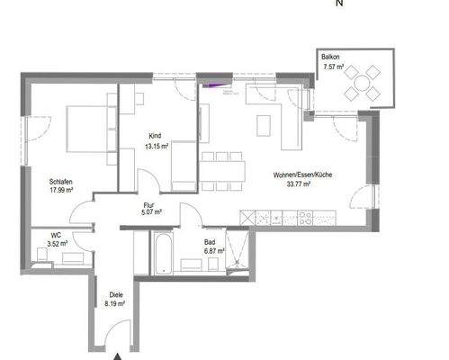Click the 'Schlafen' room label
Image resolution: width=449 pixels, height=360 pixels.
pos(61,181)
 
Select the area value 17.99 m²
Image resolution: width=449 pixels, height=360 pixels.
pos(61,190)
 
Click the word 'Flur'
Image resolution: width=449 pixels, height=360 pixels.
pos(150,204)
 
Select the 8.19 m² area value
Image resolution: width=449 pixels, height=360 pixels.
pos(116,305)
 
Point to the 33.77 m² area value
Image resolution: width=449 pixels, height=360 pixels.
pos(298,184)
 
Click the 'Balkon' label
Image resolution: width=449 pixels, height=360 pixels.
pos(331,57)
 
